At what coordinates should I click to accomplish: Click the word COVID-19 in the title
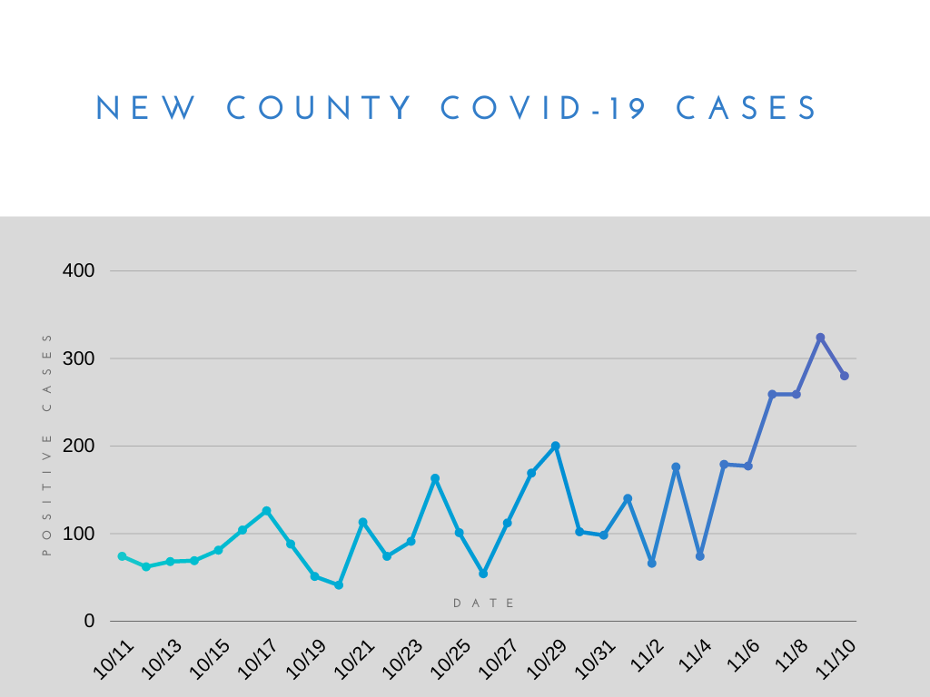pos(543,109)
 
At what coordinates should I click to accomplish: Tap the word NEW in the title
pos(146,109)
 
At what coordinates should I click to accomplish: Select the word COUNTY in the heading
pos(320,109)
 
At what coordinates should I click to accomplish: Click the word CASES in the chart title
pos(747,109)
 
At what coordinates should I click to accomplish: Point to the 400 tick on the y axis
pos(78,270)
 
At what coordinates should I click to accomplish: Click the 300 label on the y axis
pos(78,358)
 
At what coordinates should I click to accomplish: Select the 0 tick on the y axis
pos(89,622)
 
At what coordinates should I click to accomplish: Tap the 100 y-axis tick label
pos(78,534)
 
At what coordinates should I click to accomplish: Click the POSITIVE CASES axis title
pos(47,444)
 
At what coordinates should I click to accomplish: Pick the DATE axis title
pos(484,604)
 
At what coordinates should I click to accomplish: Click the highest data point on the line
pos(820,338)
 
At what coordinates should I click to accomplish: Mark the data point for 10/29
pos(556,446)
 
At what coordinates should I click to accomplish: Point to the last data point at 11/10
pos(845,376)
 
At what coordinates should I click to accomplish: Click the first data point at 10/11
pos(122,556)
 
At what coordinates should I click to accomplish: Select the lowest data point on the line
pos(339,585)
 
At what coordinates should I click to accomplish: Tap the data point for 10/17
pos(266,511)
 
